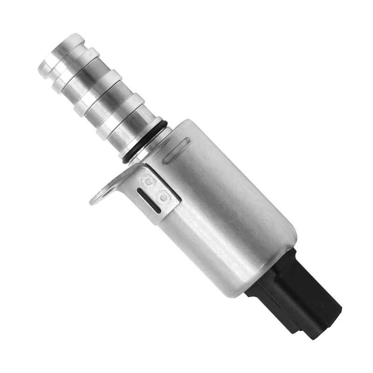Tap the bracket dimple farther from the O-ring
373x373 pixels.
164,198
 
